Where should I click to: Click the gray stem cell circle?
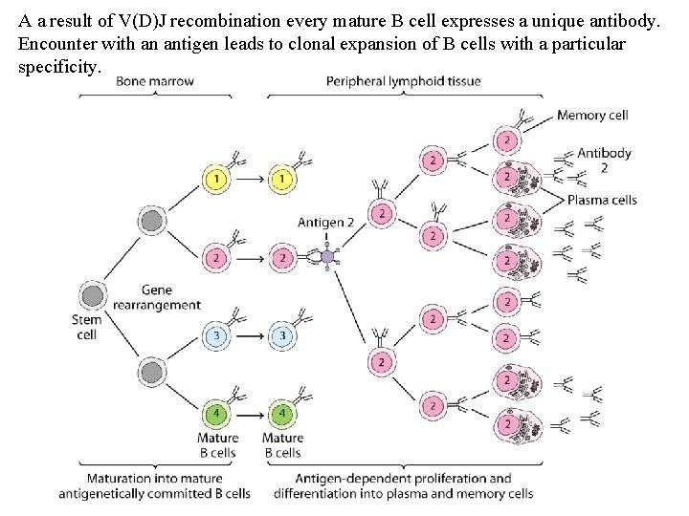point(93,295)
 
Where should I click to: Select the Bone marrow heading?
point(155,81)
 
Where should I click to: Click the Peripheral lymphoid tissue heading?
point(403,81)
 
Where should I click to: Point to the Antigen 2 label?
point(325,223)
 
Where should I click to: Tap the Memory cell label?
point(591,116)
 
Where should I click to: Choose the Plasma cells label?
point(602,200)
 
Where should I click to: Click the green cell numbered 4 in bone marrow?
point(217,414)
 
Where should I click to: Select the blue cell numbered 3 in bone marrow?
point(217,336)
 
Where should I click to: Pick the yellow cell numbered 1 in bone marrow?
point(217,179)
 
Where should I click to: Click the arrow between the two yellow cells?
point(250,179)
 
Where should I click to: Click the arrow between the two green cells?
point(250,414)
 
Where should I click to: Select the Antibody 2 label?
point(604,160)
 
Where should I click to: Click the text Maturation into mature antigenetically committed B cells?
point(154,485)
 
